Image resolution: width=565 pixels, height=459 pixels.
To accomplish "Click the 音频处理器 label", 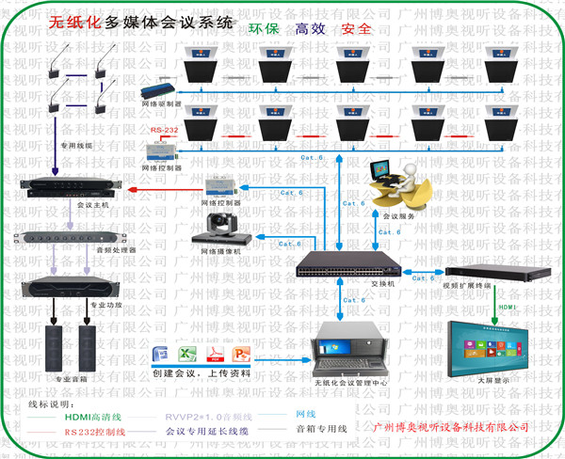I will (116, 250).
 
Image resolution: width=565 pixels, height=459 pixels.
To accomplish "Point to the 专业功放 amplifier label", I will (105, 306).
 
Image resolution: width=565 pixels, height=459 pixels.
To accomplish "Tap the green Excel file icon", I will (186, 356).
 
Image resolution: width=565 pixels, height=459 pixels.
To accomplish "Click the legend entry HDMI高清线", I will (95, 414).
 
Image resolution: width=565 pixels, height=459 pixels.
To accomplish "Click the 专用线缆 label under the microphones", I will (75, 146).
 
